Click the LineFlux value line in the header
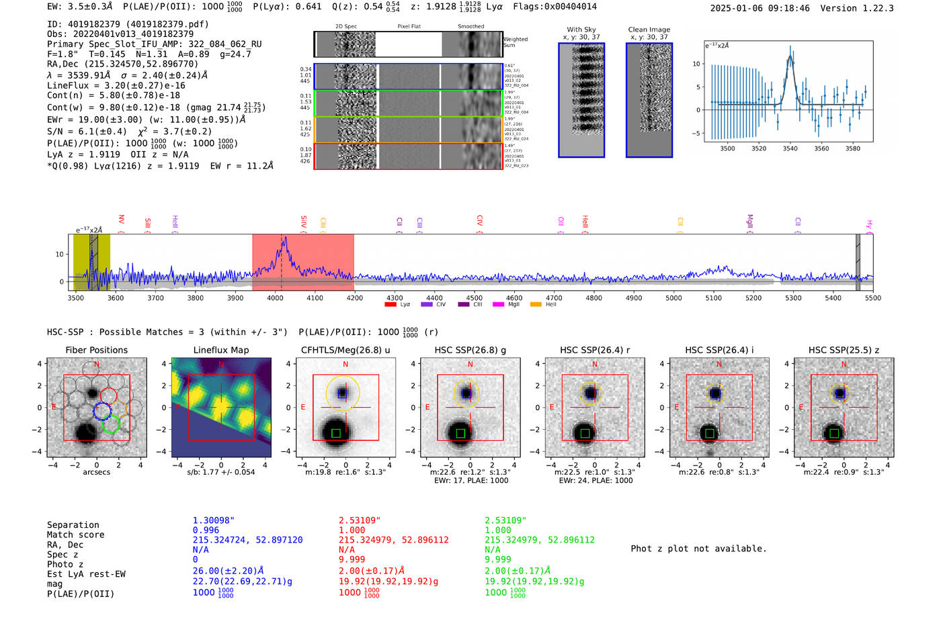[x=116, y=85]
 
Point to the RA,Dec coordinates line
[x=123, y=64]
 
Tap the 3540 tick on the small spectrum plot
[x=790, y=148]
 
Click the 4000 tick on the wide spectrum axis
[x=275, y=298]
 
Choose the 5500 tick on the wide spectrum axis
[x=872, y=298]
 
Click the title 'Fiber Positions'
[x=96, y=350]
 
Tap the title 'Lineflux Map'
[x=220, y=350]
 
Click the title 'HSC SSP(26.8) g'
[x=470, y=350]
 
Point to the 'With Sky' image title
[x=581, y=30]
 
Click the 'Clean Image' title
[x=649, y=30]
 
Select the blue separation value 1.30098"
[x=213, y=520]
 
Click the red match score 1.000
[x=352, y=530]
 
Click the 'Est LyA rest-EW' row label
[x=86, y=574]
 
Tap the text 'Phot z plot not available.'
[x=698, y=549]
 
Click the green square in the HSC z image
[x=833, y=433]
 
